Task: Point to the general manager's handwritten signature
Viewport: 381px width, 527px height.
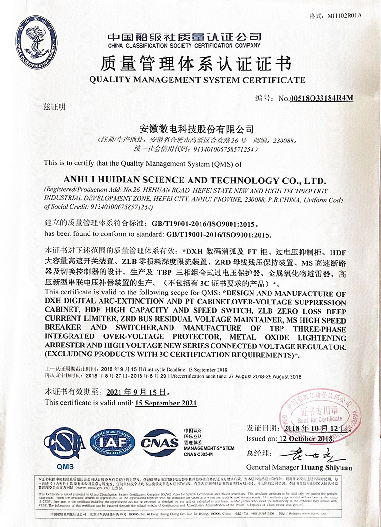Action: (x=305, y=453)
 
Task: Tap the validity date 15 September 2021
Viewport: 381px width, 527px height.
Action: (x=166, y=403)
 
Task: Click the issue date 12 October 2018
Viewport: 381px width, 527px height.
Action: (x=305, y=438)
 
